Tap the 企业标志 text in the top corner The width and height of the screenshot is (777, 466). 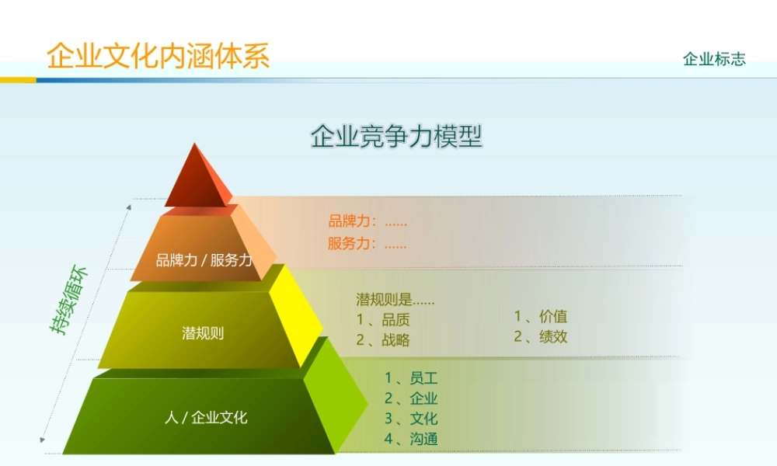point(714,59)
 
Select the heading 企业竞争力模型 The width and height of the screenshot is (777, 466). point(396,136)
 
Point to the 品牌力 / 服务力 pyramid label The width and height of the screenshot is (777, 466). point(204,260)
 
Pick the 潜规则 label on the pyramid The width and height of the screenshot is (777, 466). point(203,334)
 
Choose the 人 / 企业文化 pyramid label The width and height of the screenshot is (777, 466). point(206,418)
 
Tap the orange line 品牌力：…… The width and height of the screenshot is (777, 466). point(368,221)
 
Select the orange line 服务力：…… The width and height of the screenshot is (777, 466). point(368,243)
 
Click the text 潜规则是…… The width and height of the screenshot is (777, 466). point(395,300)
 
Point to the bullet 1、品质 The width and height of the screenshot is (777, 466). point(383,320)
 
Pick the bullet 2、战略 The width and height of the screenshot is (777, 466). point(383,339)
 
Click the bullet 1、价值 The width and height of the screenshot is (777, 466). point(541,316)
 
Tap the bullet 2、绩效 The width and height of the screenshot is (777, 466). point(541,337)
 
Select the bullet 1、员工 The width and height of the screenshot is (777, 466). point(411,379)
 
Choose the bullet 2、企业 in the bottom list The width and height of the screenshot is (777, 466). point(411,399)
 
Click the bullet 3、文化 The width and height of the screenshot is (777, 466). point(411,419)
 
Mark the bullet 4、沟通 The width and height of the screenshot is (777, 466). point(411,439)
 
